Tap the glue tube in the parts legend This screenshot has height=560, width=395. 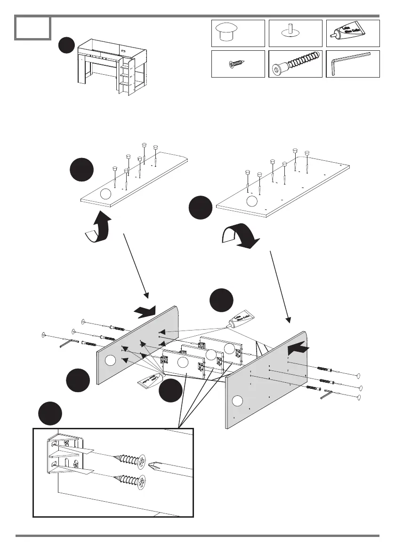[x=352, y=33]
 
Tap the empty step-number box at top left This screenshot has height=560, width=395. [x=32, y=28]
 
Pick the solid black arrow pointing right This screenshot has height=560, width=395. [x=144, y=311]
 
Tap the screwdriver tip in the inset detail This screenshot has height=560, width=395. [x=155, y=468]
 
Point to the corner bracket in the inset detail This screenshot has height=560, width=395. [x=66, y=454]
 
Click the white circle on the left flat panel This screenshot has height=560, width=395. [x=106, y=194]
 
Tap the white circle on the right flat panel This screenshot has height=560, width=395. [x=252, y=201]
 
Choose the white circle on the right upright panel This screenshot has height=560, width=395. [x=237, y=401]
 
